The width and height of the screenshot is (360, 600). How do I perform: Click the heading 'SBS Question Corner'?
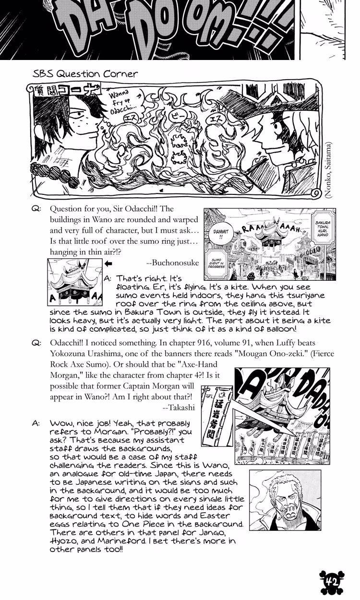click(x=85, y=74)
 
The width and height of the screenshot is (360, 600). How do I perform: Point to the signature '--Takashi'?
click(x=178, y=407)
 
